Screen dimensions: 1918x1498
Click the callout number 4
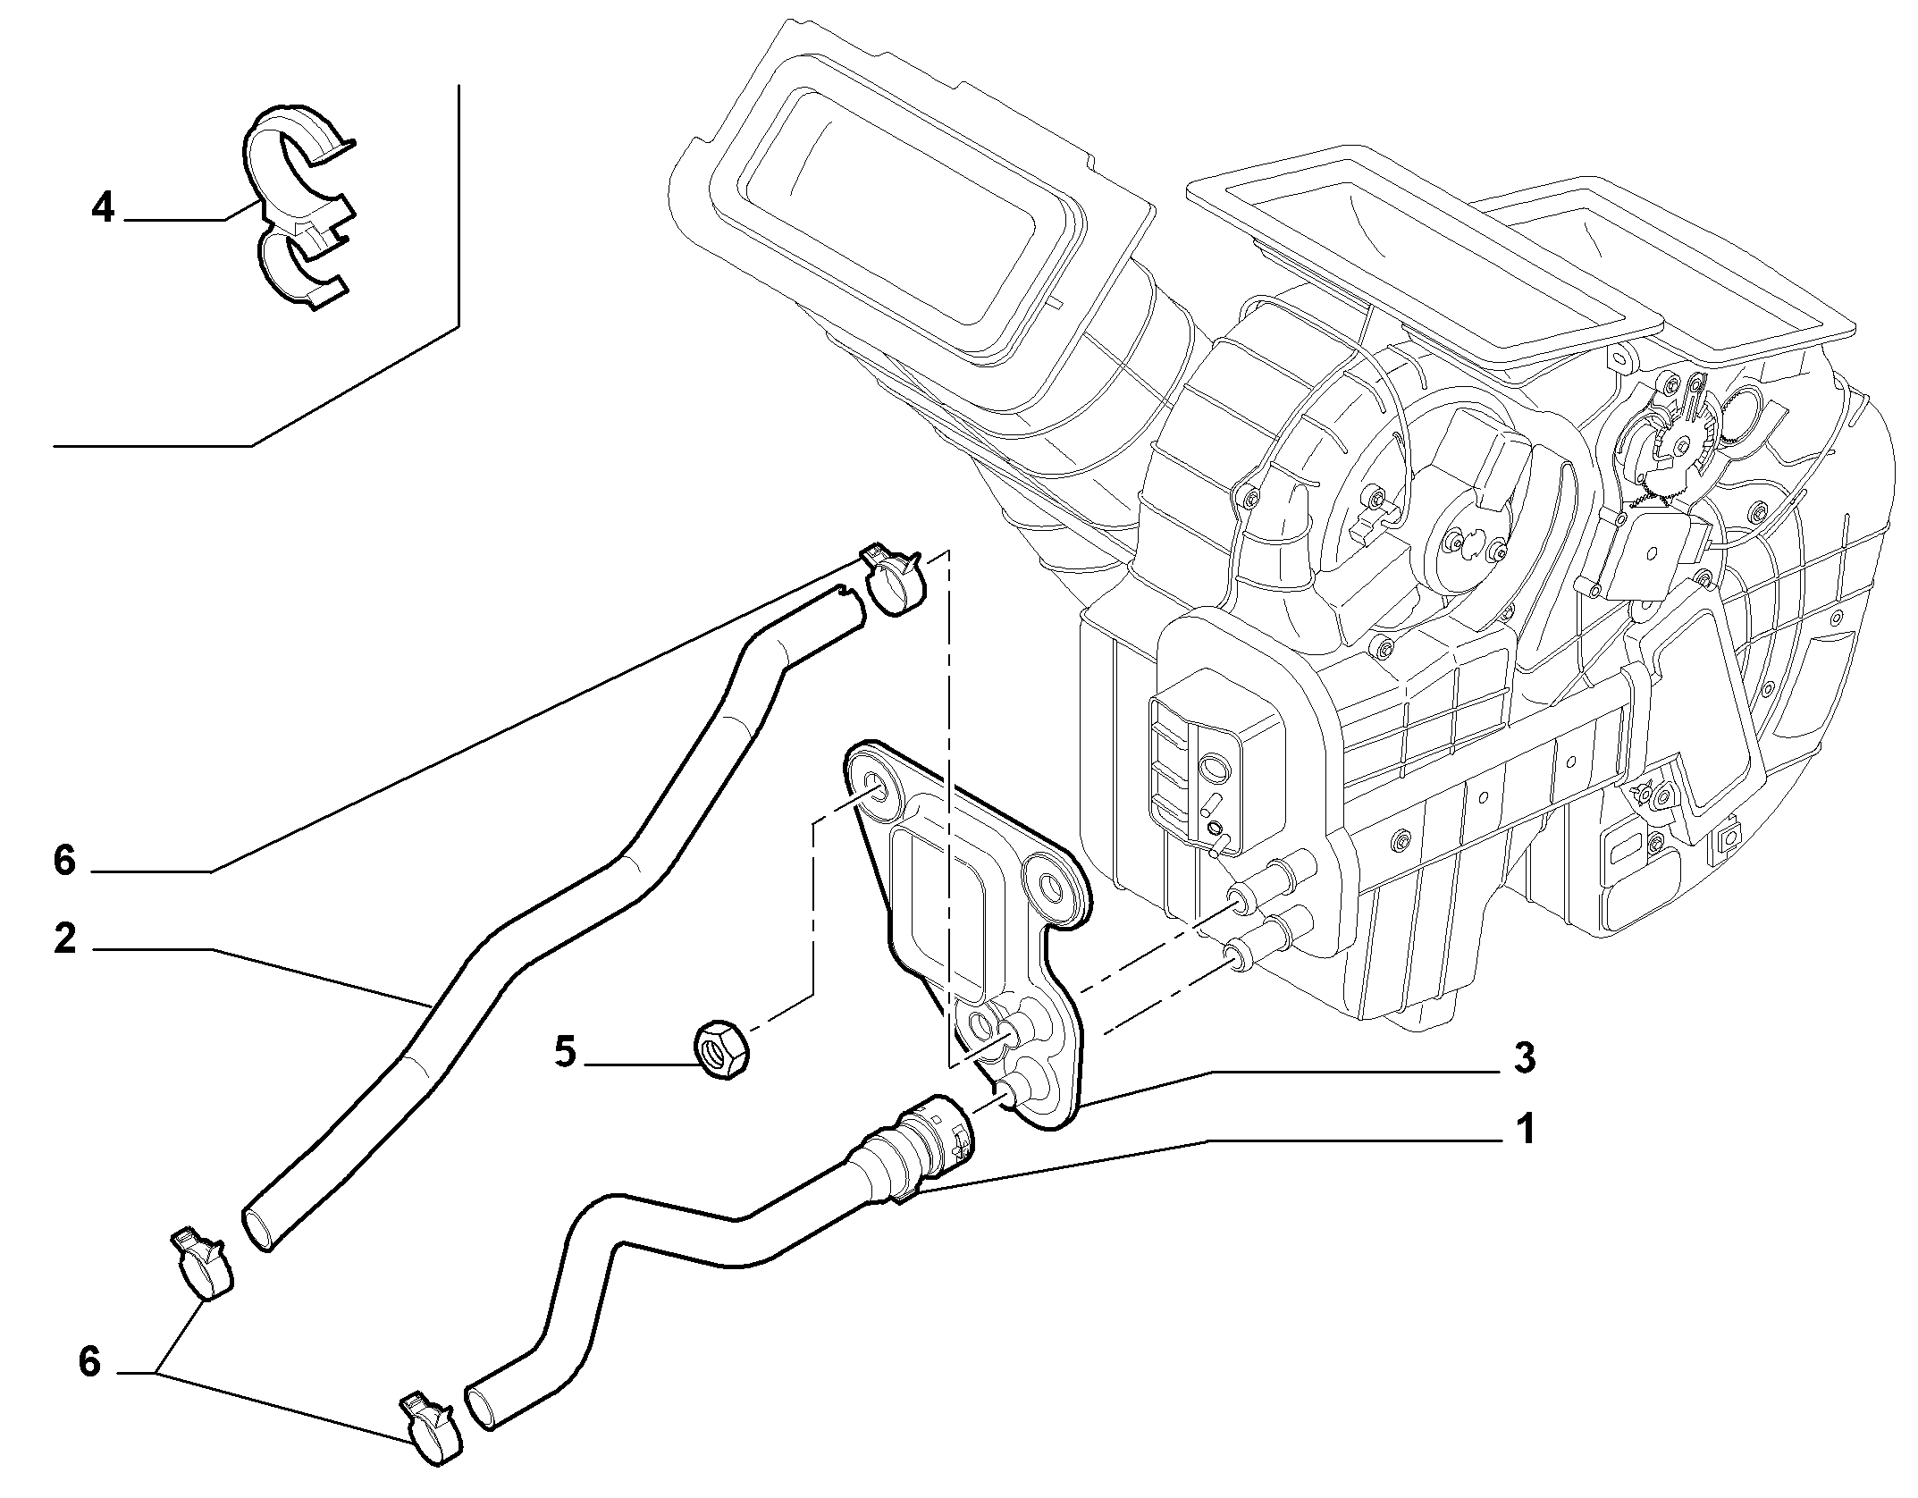click(104, 208)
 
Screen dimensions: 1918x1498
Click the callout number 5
click(566, 1052)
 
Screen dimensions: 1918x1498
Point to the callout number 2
click(64, 939)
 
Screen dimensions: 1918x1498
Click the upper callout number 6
click(64, 861)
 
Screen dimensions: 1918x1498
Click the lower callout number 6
click(89, 1363)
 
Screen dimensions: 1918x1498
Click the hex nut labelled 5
click(721, 1051)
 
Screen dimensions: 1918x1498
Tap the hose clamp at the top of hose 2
click(267, 581)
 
